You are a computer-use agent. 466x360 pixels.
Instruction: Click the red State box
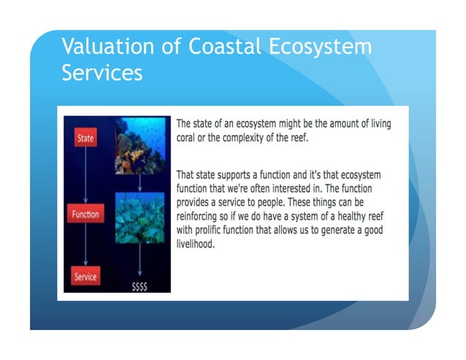[x=85, y=137]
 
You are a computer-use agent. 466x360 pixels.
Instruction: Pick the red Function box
[x=85, y=215]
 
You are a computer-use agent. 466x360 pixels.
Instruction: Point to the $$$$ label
[x=140, y=286]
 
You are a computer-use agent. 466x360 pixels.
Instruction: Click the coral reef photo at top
[x=140, y=145]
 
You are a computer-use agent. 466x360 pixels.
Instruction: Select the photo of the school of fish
[x=140, y=218]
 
